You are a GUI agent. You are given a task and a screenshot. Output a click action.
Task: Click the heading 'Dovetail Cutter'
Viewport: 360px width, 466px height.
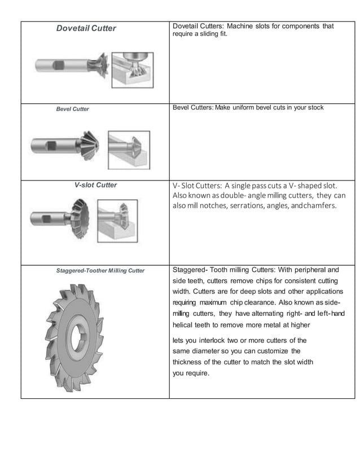coord(86,28)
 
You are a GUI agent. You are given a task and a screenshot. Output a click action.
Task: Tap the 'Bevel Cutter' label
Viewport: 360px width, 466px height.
coord(72,109)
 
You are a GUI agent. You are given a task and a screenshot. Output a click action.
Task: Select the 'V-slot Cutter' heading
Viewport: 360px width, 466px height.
coord(95,185)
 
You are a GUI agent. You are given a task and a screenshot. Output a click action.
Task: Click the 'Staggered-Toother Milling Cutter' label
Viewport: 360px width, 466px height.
coord(100,271)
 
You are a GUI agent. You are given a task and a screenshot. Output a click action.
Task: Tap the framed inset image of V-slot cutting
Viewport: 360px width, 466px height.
coord(117,223)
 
